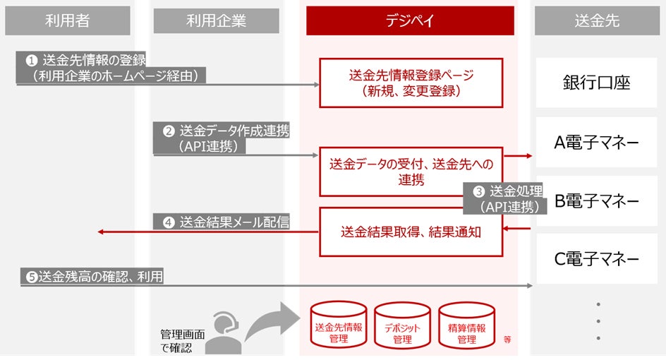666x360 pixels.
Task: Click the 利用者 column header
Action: (68, 20)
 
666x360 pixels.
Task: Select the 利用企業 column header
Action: (216, 20)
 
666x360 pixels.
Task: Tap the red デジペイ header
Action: (410, 20)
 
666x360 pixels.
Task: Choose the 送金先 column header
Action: (597, 20)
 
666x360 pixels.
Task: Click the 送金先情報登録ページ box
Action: (411, 83)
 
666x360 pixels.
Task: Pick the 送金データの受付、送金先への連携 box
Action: (411, 172)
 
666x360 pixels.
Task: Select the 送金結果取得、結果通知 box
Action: (411, 231)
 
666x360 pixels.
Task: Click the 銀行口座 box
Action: (597, 83)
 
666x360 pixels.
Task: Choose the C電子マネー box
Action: (597, 259)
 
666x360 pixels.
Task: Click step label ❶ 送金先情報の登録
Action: (111, 68)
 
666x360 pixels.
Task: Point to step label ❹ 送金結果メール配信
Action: (226, 222)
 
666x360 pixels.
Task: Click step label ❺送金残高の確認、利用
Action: (92, 277)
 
